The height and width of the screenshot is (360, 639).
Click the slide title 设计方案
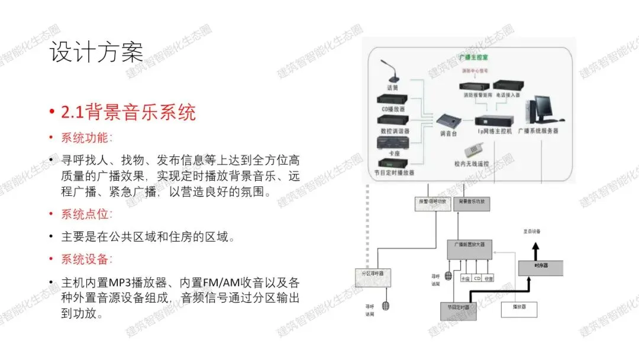pyautogui.click(x=96, y=52)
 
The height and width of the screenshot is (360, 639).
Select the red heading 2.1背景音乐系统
pyautogui.click(x=128, y=111)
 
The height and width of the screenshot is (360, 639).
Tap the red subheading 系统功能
pyautogui.click(x=85, y=138)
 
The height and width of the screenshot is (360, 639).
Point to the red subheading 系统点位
pyautogui.click(x=85, y=214)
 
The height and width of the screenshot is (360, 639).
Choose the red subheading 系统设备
pyautogui.click(x=85, y=259)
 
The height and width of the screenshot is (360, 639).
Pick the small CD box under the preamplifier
pyautogui.click(x=477, y=278)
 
